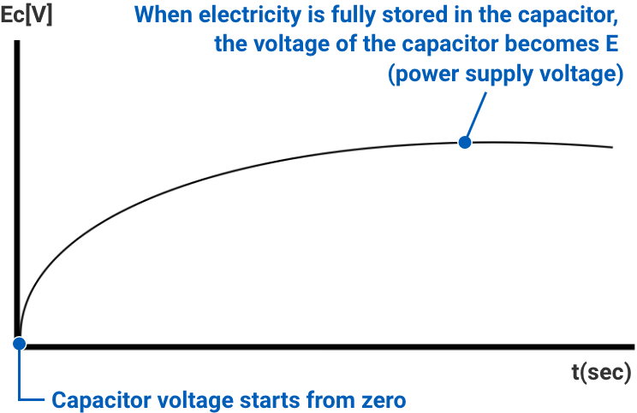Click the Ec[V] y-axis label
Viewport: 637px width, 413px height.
(27, 15)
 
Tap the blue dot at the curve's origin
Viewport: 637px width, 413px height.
(18, 344)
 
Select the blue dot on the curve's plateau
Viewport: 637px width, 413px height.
(465, 142)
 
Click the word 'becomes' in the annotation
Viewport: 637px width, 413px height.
(557, 44)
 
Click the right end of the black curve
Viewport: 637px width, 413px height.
(611, 147)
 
